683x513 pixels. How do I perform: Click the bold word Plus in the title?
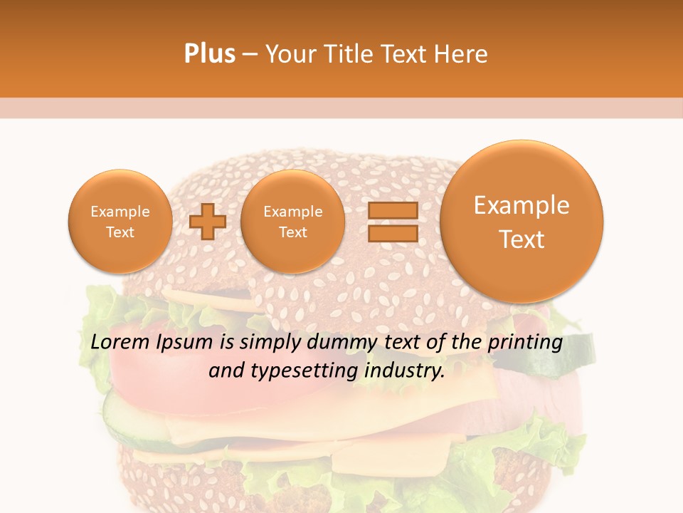pos(209,54)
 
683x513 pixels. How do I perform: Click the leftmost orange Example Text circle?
pos(120,222)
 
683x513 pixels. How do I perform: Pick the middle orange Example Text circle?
pos(293,222)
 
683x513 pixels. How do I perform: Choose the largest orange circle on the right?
pos(521,222)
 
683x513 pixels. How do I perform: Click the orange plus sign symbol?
pos(208,222)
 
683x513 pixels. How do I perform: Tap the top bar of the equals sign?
pos(393,210)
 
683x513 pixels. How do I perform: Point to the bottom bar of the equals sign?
pos(393,233)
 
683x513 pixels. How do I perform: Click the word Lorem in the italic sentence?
pos(120,342)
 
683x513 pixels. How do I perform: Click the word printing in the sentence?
pos(525,343)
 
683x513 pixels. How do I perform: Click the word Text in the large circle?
pos(521,239)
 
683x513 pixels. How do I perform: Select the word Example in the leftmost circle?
pos(120,212)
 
